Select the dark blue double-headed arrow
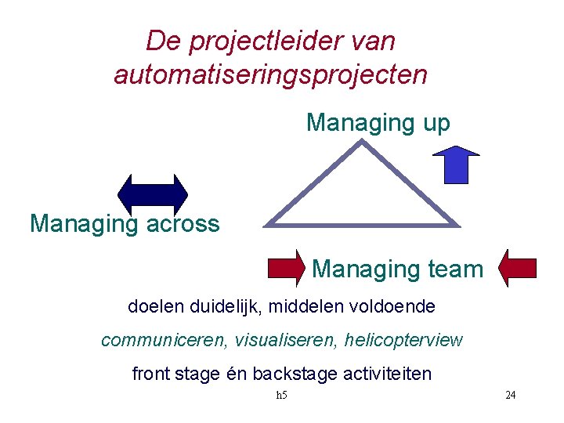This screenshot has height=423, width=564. tap(153, 192)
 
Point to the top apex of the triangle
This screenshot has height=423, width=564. tap(360, 142)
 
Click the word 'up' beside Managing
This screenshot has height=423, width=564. tap(434, 123)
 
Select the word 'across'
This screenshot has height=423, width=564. tap(182, 224)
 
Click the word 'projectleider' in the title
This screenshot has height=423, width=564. tap(258, 41)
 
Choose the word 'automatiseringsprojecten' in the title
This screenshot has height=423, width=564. tap(271, 74)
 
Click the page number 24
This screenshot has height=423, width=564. tap(510, 395)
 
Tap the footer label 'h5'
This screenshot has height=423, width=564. tap(282, 395)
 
